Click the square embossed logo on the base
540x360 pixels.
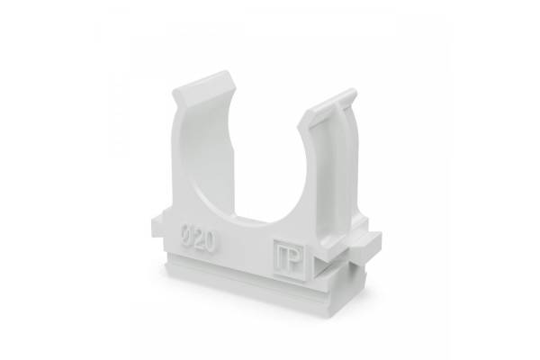pos(289,258)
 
